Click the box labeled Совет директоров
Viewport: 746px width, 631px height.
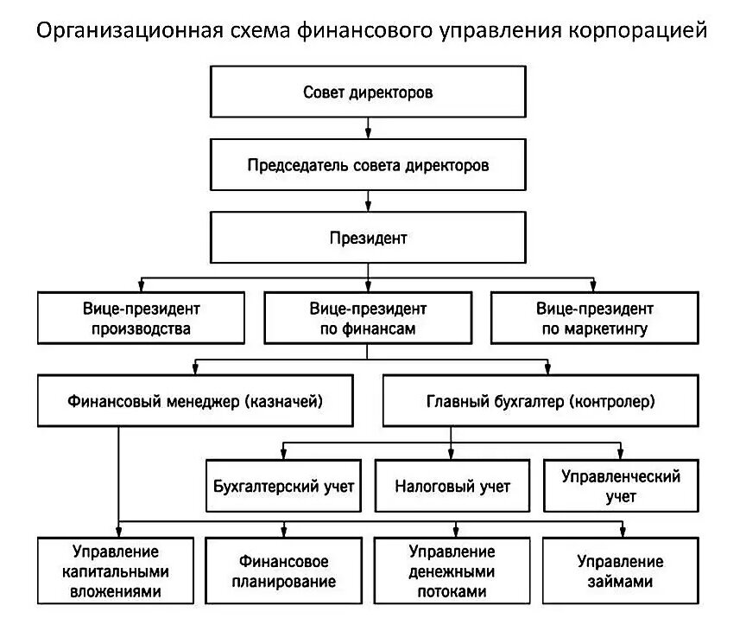(368, 92)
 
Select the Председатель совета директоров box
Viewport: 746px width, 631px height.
(368, 165)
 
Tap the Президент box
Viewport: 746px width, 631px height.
(368, 238)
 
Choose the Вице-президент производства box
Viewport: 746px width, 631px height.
(141, 317)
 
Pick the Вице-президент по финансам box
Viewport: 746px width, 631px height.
(368, 317)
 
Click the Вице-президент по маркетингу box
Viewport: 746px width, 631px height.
(595, 317)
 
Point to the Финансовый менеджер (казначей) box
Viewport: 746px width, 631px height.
(195, 400)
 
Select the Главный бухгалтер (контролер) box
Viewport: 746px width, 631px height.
(541, 400)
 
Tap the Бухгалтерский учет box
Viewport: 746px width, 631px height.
(283, 486)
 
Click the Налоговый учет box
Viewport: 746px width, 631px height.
(452, 486)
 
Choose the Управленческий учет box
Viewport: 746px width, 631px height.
(621, 486)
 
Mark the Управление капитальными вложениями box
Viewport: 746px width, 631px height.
(116, 570)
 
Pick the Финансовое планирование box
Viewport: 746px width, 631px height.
(283, 570)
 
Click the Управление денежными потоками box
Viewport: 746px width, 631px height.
(452, 570)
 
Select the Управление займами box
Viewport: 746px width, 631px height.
(621, 570)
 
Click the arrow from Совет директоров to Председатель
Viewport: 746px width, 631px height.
(368, 128)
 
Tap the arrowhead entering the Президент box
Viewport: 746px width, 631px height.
(368, 207)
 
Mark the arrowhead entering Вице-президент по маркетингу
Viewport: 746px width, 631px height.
(593, 286)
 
